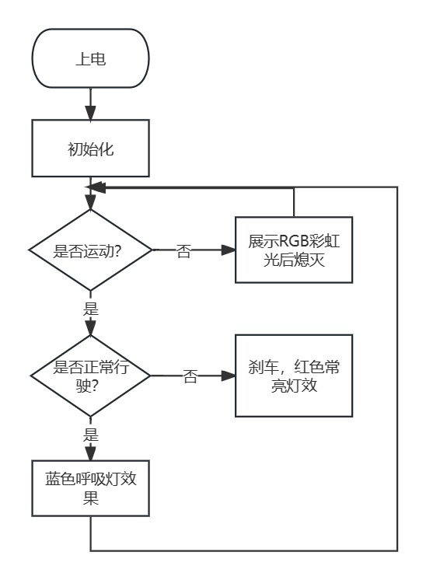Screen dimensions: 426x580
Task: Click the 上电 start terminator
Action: point(91,58)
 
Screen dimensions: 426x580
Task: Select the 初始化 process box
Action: point(91,148)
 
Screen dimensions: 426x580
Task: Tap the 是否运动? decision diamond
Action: point(91,250)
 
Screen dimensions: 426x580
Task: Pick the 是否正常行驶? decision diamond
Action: point(91,376)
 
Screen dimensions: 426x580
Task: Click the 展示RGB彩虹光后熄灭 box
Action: point(294,250)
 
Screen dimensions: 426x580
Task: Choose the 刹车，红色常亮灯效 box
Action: point(294,376)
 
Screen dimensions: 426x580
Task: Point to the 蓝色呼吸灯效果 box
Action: point(91,488)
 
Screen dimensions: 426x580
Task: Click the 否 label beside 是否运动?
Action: point(183,251)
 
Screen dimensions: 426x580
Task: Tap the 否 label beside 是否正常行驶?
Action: point(190,376)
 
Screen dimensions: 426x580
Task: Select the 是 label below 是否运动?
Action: point(91,309)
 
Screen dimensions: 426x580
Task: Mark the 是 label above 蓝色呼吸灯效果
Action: point(91,435)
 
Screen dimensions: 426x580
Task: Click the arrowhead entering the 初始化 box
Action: point(91,113)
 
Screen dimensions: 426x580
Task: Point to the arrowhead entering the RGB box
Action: point(229,250)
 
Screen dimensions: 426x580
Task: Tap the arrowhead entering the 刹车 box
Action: point(229,376)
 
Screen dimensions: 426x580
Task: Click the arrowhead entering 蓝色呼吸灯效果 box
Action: point(91,453)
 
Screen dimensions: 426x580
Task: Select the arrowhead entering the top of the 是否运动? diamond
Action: point(91,202)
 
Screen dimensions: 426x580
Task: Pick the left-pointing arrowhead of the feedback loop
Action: point(96,187)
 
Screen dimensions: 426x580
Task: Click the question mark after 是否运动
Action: point(117,252)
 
